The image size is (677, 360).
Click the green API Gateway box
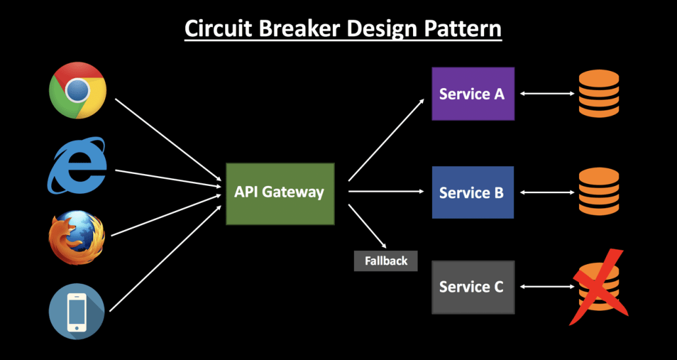(x=280, y=192)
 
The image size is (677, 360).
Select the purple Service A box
(x=472, y=94)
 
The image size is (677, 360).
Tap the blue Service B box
(x=472, y=193)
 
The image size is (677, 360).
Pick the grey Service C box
(x=472, y=287)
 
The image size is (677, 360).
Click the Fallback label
(x=386, y=261)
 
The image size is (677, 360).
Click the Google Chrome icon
(x=77, y=90)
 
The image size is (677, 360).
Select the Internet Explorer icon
(x=77, y=166)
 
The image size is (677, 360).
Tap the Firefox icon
(x=77, y=237)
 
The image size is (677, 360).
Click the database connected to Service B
(x=598, y=192)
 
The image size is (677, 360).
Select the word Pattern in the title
(x=467, y=30)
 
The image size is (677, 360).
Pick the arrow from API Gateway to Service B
(x=386, y=192)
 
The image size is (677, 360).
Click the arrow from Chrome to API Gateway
(x=168, y=139)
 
